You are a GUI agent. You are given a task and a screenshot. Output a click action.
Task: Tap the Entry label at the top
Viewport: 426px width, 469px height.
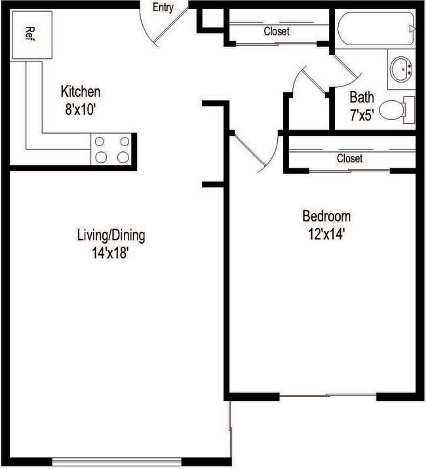click(163, 8)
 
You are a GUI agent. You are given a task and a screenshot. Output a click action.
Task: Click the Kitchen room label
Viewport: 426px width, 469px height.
click(81, 91)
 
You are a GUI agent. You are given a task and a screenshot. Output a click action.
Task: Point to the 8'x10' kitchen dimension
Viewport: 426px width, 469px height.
click(81, 109)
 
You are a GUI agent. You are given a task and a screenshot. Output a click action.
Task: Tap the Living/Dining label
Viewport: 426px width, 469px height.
click(111, 235)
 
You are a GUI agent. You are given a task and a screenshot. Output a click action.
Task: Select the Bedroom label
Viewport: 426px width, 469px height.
click(326, 216)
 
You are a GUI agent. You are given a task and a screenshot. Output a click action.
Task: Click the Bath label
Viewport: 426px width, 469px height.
click(362, 98)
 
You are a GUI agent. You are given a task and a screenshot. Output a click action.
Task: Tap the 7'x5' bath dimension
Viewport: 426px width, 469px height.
click(361, 117)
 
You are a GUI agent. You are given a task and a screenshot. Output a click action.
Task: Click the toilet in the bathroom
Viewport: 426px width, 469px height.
click(396, 110)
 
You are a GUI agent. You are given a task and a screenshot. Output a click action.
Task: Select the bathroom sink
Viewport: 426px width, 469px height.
click(401, 67)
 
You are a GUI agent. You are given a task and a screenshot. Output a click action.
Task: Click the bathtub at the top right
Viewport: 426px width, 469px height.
click(374, 29)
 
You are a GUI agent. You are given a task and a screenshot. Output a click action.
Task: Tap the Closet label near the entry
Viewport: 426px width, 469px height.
click(277, 31)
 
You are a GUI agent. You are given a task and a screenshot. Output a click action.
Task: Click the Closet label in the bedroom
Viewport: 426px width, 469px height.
click(349, 159)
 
